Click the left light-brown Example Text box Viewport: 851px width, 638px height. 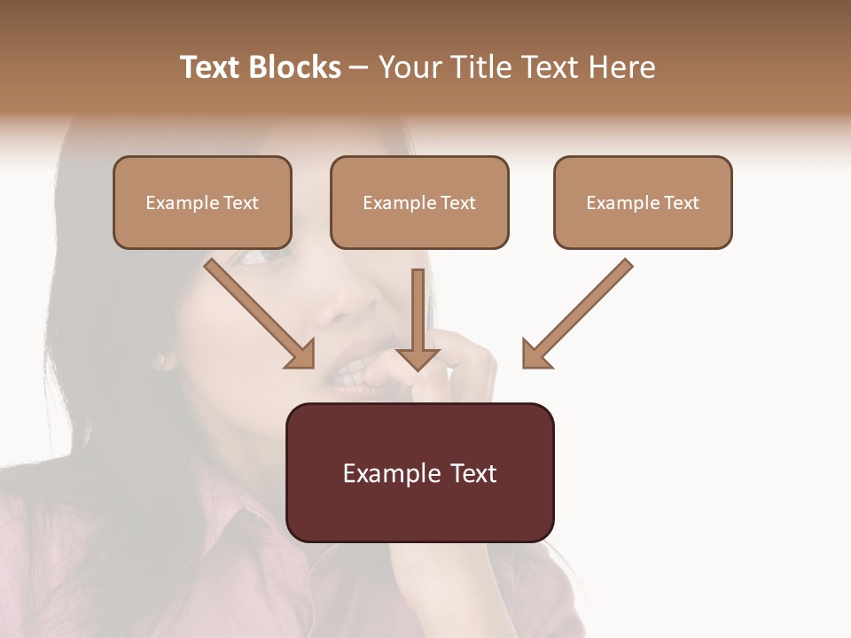(202, 202)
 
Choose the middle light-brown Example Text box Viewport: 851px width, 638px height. (419, 202)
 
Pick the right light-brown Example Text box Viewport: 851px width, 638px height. (643, 202)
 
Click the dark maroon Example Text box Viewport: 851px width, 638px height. (419, 472)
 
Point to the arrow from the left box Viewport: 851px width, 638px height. (260, 314)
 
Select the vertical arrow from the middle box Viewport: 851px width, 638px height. (418, 319)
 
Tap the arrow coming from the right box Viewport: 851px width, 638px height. (577, 314)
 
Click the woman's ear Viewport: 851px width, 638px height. (162, 359)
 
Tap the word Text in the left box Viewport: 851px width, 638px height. (241, 203)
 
